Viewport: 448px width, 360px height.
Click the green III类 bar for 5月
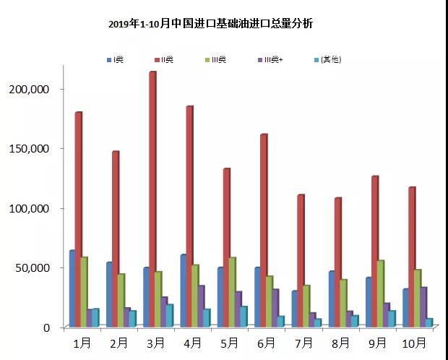tap(232, 292)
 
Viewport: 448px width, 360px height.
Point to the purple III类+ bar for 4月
tap(201, 306)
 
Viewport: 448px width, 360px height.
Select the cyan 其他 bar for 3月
tap(169, 315)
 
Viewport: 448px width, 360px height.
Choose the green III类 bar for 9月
tap(382, 293)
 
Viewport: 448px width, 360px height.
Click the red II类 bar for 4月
tap(189, 217)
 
